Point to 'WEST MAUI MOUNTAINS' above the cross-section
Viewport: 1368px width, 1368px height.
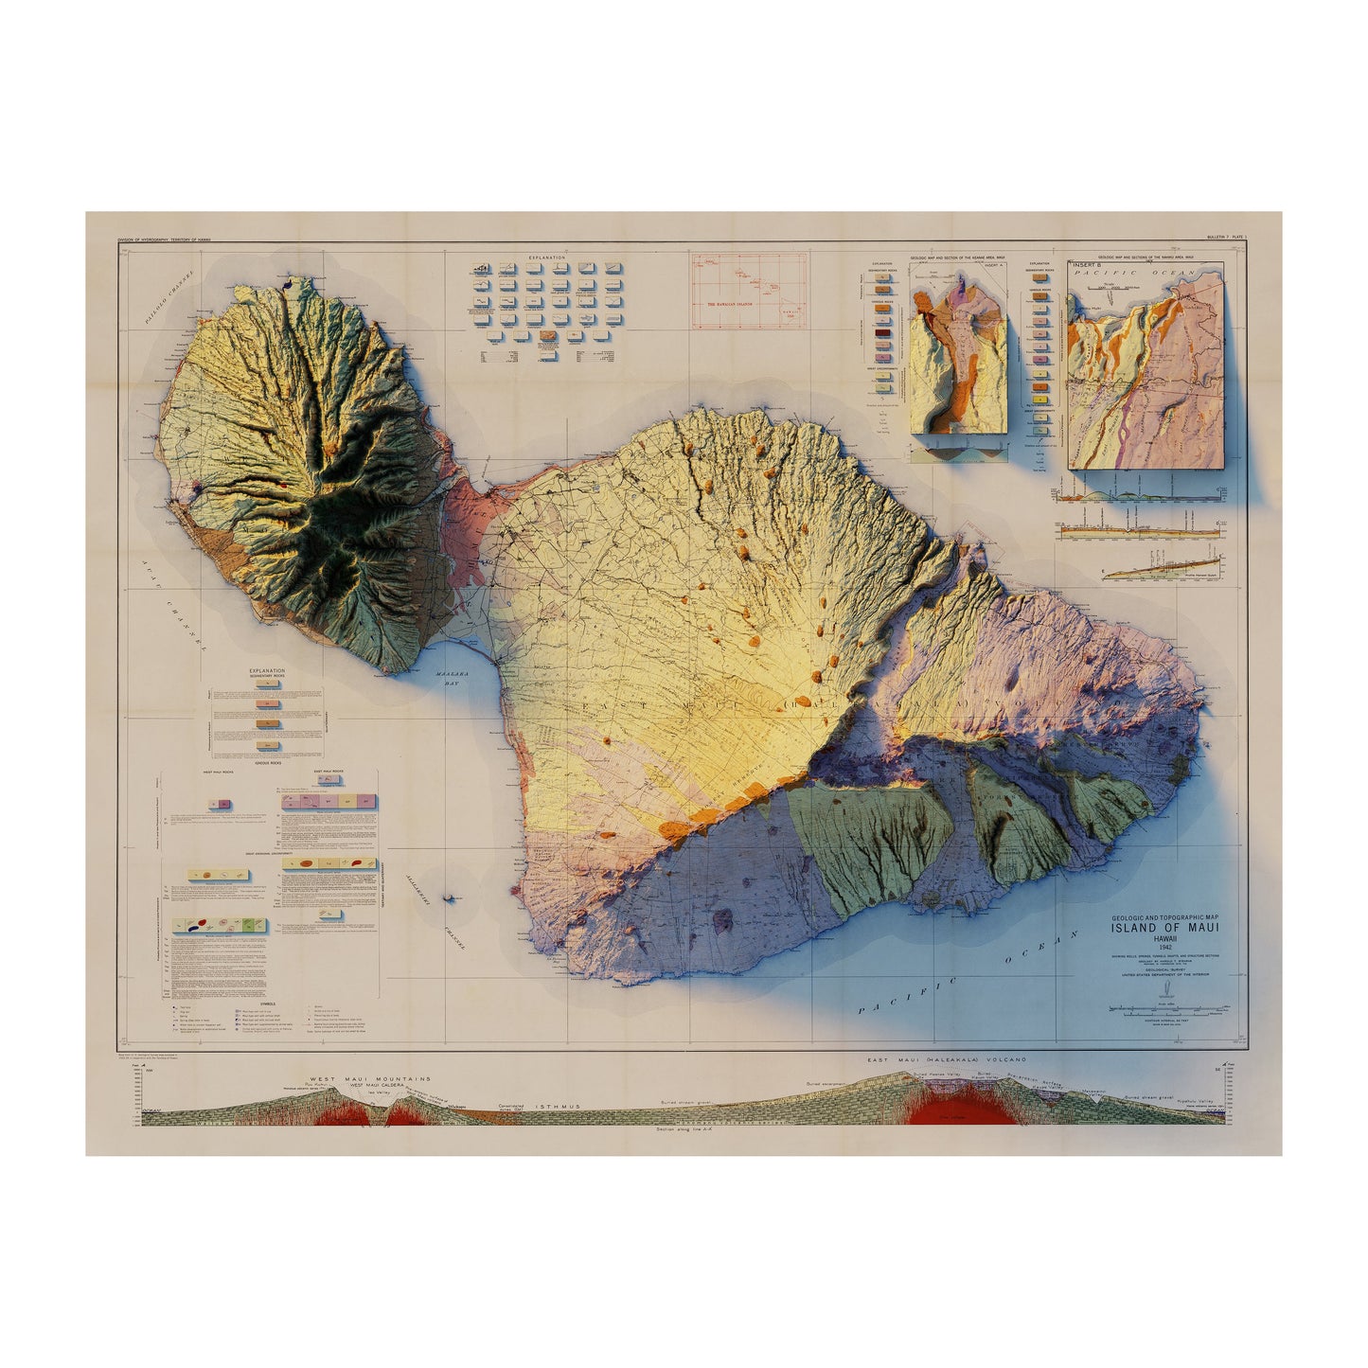coord(369,1078)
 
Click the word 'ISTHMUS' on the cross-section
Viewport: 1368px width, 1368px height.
coord(555,1106)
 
